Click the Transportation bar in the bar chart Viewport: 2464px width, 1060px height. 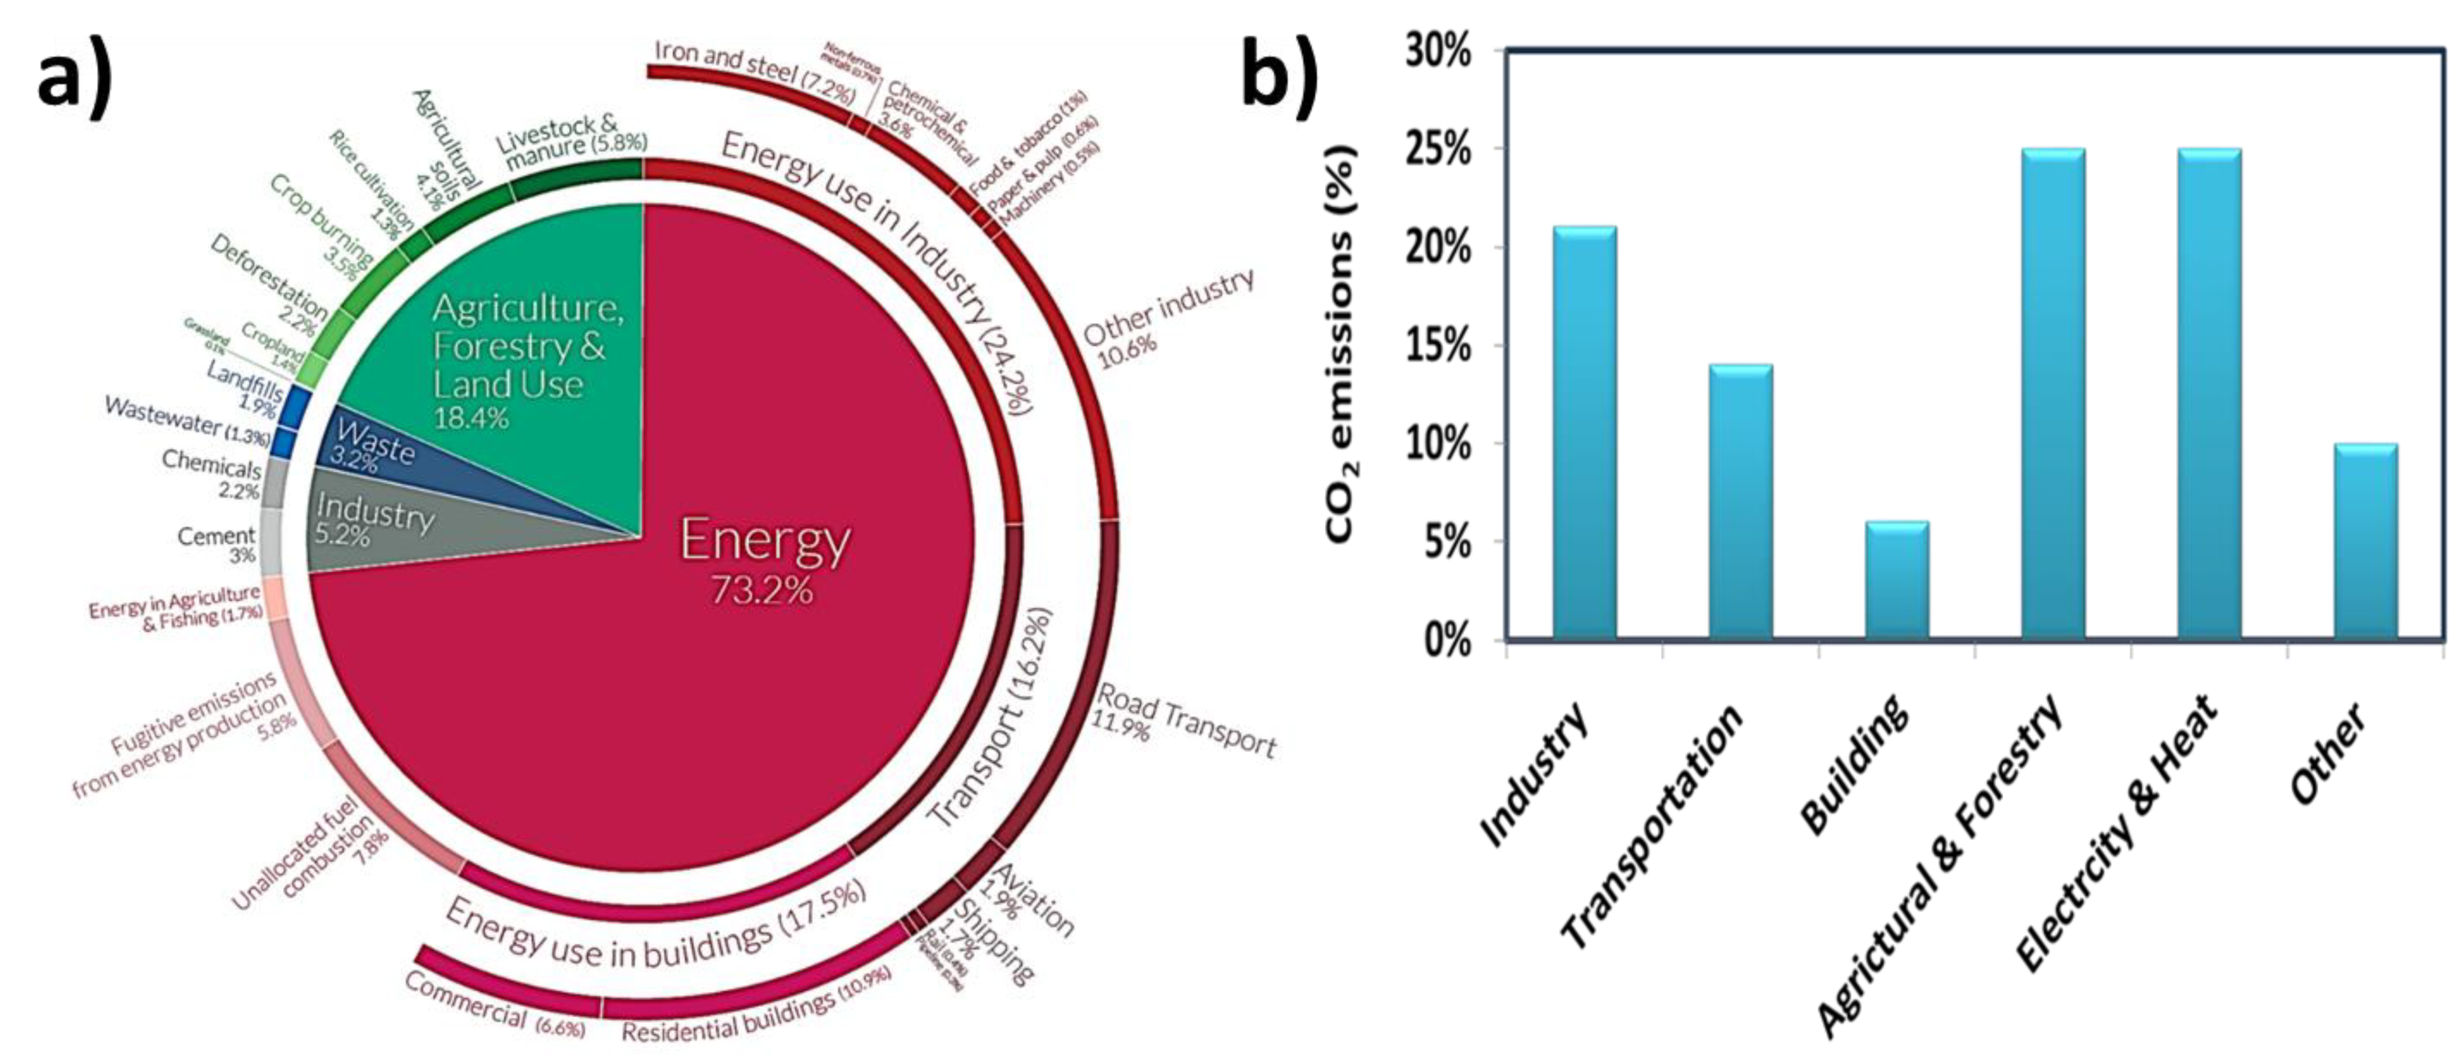(1741, 502)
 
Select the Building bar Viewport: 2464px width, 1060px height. (1897, 581)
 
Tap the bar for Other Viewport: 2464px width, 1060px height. (2366, 541)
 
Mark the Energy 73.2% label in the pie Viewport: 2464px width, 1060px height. (763, 560)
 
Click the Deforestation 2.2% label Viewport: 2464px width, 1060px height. (268, 287)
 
